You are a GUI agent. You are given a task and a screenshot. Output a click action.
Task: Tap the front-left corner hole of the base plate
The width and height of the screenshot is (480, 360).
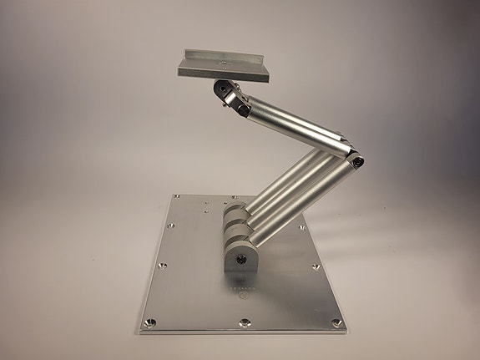tap(150, 322)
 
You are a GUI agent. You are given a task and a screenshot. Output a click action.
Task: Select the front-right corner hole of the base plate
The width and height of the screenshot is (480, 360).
tap(336, 322)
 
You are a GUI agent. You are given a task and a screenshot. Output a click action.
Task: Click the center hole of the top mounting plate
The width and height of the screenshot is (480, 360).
tap(223, 62)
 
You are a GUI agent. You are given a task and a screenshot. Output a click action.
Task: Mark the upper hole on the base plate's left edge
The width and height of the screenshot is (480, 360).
tap(169, 224)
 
